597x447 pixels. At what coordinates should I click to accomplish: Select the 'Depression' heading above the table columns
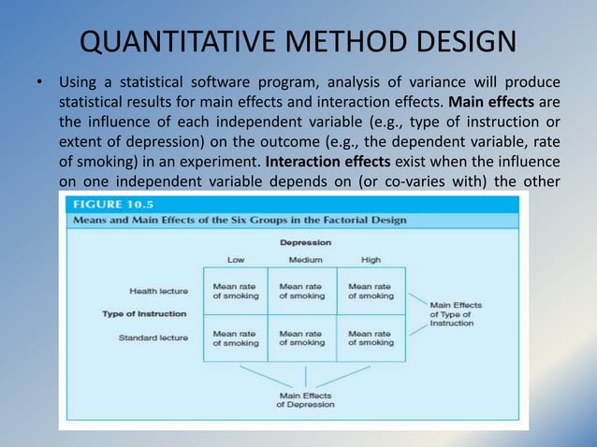(305, 242)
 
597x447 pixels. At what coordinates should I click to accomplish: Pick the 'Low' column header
(235, 259)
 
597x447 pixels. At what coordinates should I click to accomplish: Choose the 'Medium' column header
(301, 259)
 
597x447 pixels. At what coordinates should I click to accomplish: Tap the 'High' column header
(370, 259)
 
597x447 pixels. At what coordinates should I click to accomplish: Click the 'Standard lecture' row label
(153, 337)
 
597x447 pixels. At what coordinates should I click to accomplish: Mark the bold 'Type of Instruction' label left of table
(144, 313)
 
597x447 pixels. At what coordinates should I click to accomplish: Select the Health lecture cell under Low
(235, 291)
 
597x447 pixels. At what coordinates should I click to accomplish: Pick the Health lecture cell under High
(371, 291)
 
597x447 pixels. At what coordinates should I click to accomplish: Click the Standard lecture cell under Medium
(302, 338)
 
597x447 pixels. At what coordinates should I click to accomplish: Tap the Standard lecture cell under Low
(235, 338)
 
